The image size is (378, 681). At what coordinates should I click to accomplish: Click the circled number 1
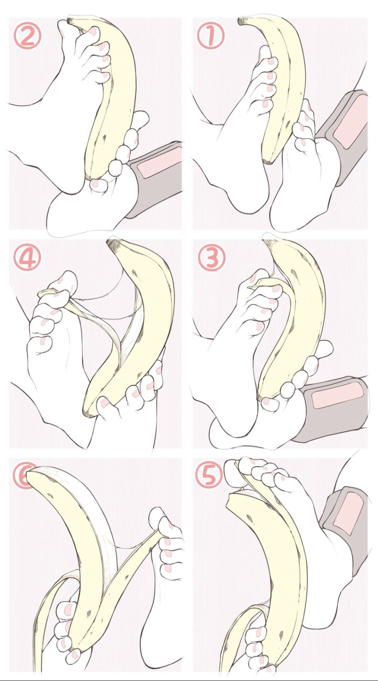210,37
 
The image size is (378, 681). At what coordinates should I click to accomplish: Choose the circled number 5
209,476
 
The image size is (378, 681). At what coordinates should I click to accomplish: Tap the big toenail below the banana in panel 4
105,403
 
